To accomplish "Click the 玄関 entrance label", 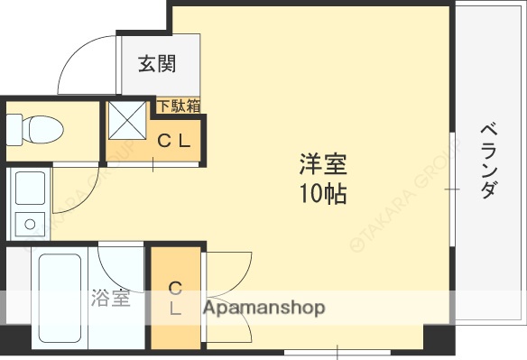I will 157,64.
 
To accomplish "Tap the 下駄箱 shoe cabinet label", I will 180,106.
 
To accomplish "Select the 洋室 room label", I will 323,166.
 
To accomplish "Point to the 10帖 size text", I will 323,193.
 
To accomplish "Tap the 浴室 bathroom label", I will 110,299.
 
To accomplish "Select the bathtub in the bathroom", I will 59,298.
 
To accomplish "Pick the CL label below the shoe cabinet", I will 173,142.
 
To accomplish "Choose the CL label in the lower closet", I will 176,299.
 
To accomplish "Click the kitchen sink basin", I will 30,187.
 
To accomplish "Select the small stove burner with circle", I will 30,223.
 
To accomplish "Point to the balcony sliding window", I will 453,189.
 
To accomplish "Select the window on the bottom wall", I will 338,351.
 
